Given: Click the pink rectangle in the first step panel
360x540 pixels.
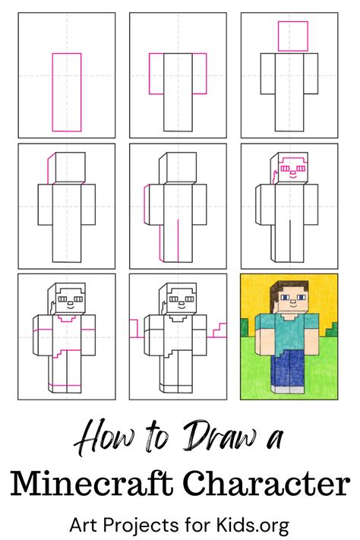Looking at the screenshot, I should tap(66, 91).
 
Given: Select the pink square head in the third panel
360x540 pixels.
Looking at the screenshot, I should tap(292, 36).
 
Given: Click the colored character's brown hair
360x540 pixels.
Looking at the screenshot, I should tap(288, 286).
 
